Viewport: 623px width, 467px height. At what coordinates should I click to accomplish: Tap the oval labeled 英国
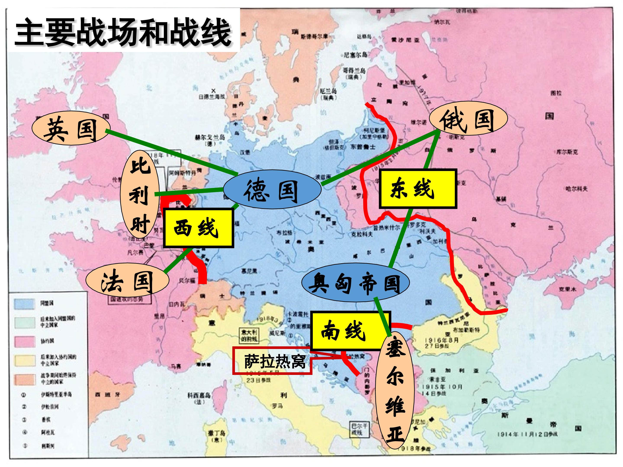tap(70, 130)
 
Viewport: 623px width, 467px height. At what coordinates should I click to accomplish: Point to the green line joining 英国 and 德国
tap(172, 151)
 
